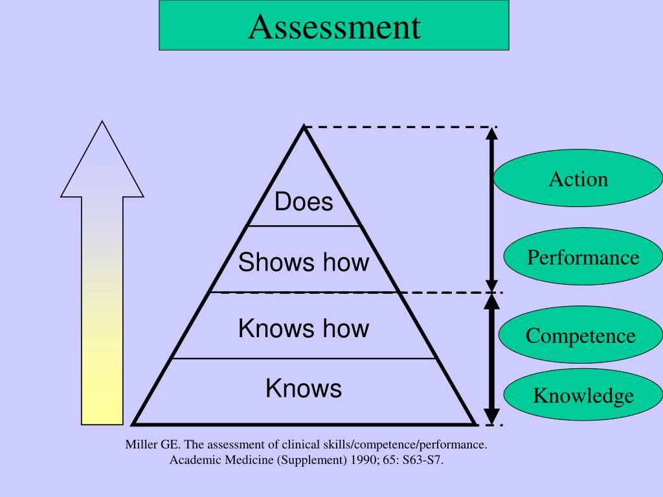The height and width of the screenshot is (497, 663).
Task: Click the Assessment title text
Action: point(334,27)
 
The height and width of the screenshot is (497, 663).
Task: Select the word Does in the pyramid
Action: point(304,202)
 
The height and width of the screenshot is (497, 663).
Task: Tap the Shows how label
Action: point(304,262)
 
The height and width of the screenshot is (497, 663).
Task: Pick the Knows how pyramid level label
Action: point(304,328)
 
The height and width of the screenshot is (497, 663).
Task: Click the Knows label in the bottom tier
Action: point(304,388)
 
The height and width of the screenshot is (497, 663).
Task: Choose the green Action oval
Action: point(578,179)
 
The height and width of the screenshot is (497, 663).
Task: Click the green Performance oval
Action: point(583,258)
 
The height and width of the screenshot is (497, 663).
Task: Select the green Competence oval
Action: point(581,336)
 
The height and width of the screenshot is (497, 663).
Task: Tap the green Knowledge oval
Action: point(583,395)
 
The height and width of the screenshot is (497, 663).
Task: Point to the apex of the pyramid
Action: point(303,128)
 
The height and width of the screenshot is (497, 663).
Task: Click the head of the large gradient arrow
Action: point(102,162)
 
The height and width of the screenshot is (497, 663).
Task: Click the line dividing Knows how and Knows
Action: point(304,358)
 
